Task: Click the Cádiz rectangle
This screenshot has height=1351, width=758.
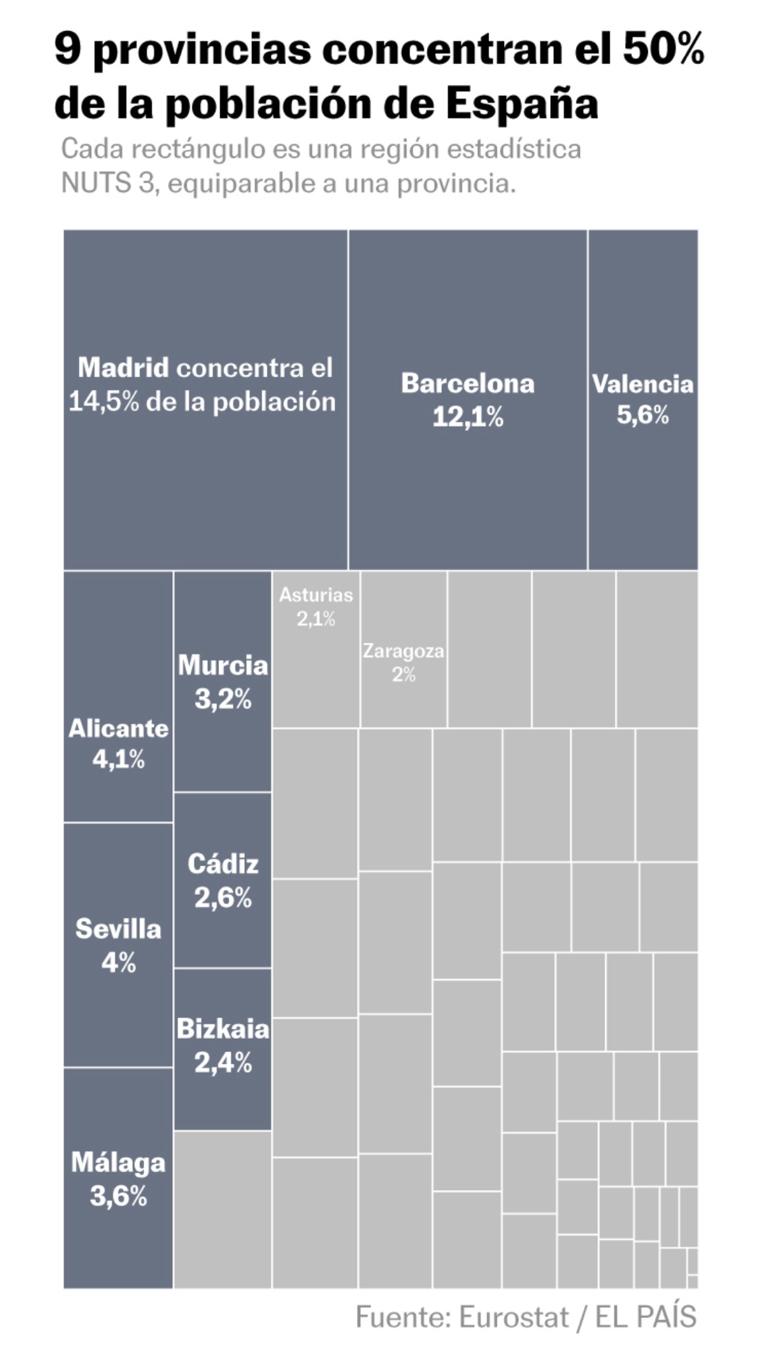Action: coord(223,932)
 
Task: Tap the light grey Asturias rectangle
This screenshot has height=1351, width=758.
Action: coord(316,669)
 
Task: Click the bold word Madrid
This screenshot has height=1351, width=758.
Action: coord(123,367)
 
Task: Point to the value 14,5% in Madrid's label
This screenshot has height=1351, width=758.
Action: coord(103,402)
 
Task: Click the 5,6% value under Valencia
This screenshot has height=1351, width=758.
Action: coord(642,415)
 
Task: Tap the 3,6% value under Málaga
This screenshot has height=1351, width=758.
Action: coord(118,1196)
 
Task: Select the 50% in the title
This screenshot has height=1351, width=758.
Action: coord(663,50)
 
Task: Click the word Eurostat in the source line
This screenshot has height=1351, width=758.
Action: coord(513,1317)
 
